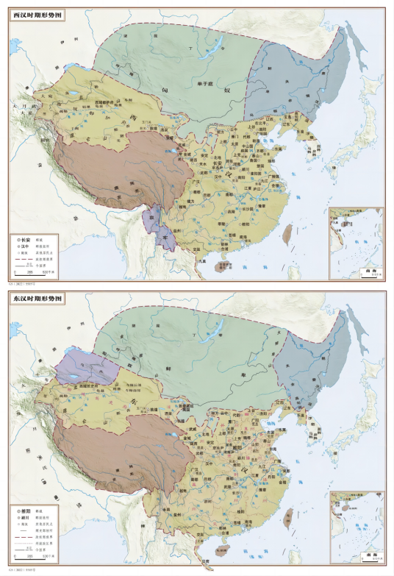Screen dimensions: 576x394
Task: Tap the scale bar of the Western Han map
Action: [33, 273]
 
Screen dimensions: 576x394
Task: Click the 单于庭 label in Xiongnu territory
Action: [201, 85]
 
